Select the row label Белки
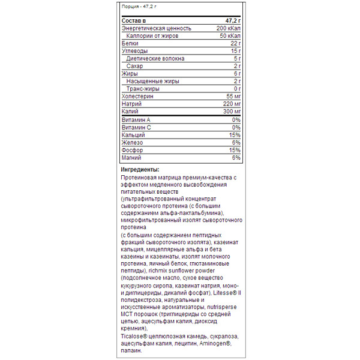[129, 43]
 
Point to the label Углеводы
[133, 51]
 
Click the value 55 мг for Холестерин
[231, 96]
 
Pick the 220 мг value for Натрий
[230, 104]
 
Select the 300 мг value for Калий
[230, 112]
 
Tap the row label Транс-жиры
[143, 89]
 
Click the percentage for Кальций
[235, 135]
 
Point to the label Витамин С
[136, 128]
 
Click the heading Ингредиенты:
[139, 170]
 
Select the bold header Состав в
[134, 20]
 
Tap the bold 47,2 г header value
[230, 20]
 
